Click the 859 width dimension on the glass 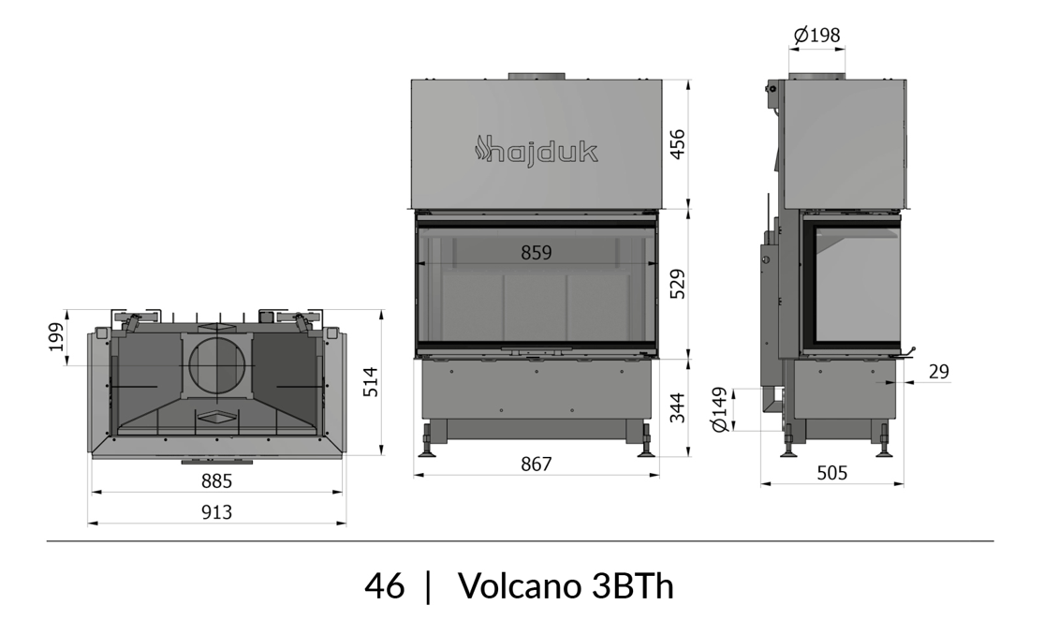[536, 253]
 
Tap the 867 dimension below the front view [536, 464]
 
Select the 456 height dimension [676, 144]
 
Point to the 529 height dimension [676, 284]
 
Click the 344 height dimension [676, 407]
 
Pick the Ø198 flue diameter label [817, 35]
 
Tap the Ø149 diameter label [719, 409]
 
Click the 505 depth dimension [831, 473]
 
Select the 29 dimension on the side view [938, 372]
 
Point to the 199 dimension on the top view [56, 337]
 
